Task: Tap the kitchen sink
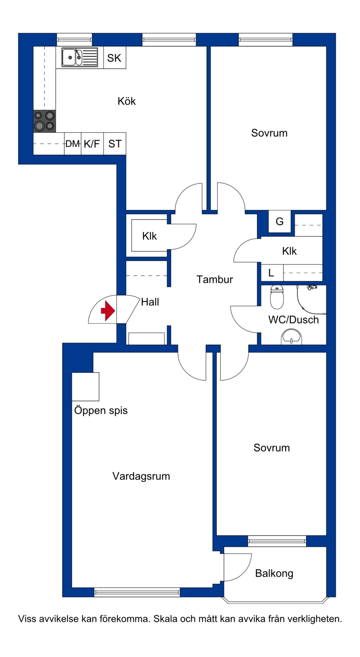[x=80, y=58]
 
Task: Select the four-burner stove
[x=44, y=121]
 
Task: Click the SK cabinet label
[x=114, y=58]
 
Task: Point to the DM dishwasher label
[x=73, y=144]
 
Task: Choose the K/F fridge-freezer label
[x=92, y=144]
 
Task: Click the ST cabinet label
[x=115, y=144]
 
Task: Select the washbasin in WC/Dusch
[x=291, y=336]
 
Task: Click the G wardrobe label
[x=279, y=221]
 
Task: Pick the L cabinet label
[x=271, y=273]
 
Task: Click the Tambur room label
[x=215, y=280]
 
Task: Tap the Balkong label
[x=274, y=573]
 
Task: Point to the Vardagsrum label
[x=141, y=476]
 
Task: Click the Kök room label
[x=126, y=101]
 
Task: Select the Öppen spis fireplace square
[x=85, y=387]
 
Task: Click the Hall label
[x=150, y=302]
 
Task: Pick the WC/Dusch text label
[x=293, y=320]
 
